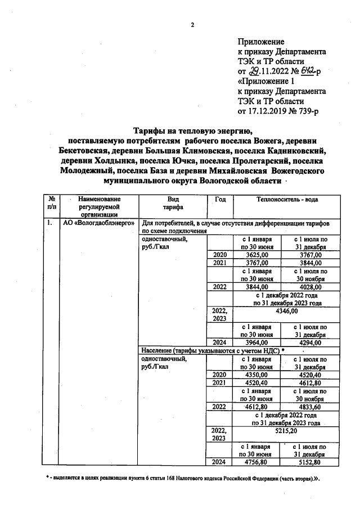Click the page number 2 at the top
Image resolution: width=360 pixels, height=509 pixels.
click(x=192, y=25)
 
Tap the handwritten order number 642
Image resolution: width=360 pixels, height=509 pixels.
click(x=308, y=72)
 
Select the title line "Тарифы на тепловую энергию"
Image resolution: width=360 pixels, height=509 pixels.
click(x=191, y=131)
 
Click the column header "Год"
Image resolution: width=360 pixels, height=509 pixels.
click(x=220, y=199)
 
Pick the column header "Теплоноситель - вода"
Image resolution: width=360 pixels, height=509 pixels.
click(x=286, y=199)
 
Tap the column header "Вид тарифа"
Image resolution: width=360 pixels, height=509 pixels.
click(x=173, y=203)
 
